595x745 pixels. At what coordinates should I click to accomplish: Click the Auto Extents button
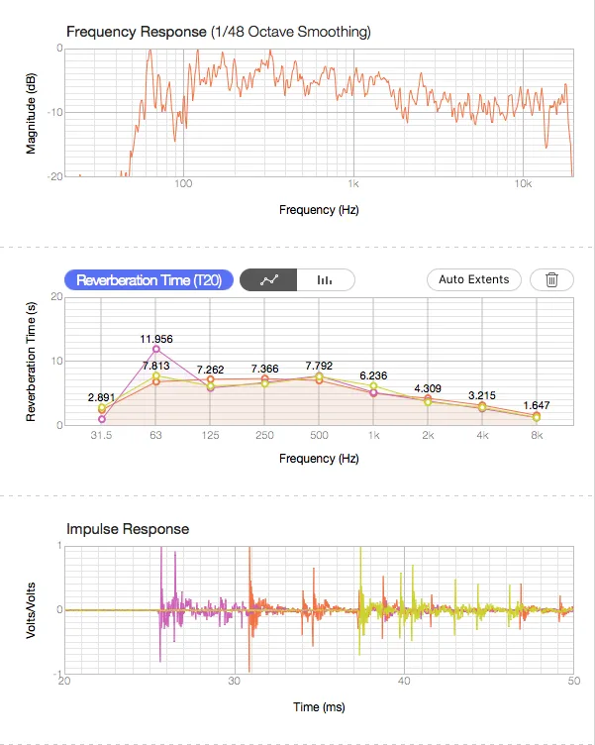(x=474, y=279)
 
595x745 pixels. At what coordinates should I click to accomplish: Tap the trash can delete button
(x=551, y=279)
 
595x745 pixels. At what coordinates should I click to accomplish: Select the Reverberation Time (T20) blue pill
(x=149, y=279)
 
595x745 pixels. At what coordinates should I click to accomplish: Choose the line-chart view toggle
(x=268, y=279)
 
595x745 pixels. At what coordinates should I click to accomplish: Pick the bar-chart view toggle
(x=326, y=279)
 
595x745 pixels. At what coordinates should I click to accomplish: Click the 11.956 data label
(x=156, y=339)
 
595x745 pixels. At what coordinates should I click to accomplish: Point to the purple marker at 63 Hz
(x=156, y=349)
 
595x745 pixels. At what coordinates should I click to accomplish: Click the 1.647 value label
(x=537, y=405)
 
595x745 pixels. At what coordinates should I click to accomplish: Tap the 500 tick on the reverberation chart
(x=319, y=435)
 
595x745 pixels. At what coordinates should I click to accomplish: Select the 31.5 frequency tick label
(x=101, y=435)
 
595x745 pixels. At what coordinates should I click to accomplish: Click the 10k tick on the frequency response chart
(x=523, y=184)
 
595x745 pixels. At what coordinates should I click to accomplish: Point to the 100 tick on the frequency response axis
(x=183, y=184)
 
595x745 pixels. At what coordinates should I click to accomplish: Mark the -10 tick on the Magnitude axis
(x=55, y=113)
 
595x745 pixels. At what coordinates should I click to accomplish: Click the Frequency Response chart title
(x=219, y=32)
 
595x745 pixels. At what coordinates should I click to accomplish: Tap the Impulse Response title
(x=128, y=529)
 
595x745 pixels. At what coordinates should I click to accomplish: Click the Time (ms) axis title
(x=319, y=707)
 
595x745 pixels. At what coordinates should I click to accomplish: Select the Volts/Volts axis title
(x=31, y=610)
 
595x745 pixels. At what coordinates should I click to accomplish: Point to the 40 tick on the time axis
(x=404, y=682)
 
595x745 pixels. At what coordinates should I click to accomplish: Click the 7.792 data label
(x=319, y=366)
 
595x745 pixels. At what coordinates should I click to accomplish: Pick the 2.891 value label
(x=101, y=397)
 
